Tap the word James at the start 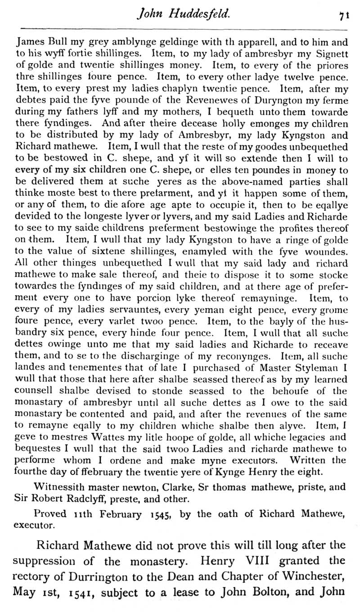28,43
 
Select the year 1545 160,514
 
